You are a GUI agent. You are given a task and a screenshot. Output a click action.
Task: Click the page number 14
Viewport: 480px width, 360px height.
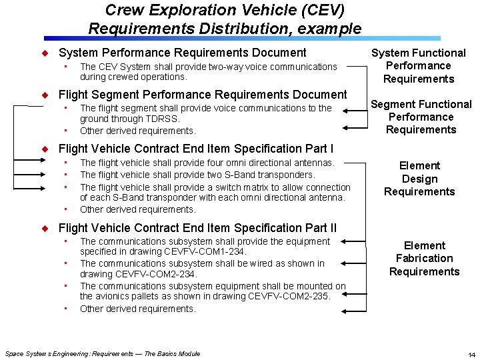[x=471, y=354]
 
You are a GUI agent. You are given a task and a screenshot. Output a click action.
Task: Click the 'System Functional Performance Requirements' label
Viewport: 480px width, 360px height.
[x=419, y=65]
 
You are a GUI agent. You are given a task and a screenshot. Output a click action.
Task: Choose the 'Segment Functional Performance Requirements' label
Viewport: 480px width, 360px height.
[x=421, y=117]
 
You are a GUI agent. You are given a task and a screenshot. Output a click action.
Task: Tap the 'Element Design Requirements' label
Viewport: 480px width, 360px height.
[x=419, y=179]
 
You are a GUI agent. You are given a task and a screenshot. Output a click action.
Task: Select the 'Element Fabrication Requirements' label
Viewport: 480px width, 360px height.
[x=424, y=258]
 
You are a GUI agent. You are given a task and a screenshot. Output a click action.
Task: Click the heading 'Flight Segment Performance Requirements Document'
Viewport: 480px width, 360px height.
[x=203, y=95]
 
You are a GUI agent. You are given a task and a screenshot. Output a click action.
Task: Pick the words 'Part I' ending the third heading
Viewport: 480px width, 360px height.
[x=319, y=149]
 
